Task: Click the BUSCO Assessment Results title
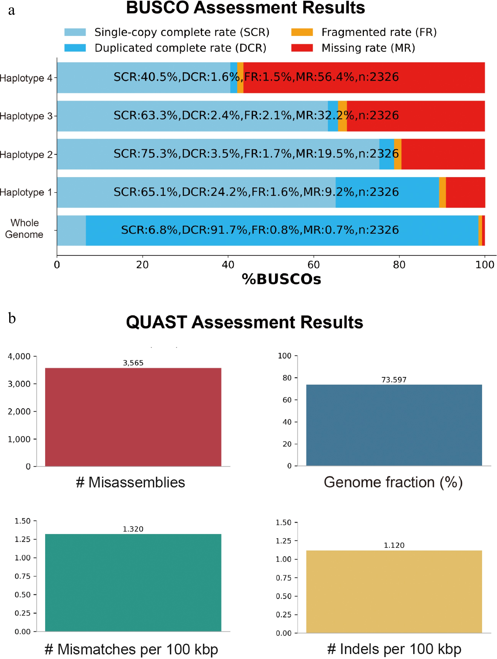[x=245, y=8]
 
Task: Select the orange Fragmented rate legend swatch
[x=302, y=32]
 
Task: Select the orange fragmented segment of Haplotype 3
[x=342, y=116]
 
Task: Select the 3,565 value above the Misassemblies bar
[x=133, y=363]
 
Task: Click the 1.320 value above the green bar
[x=133, y=529]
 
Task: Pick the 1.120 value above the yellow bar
[x=394, y=545]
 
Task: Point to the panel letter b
[x=12, y=318]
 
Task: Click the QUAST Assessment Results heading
[x=244, y=322]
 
